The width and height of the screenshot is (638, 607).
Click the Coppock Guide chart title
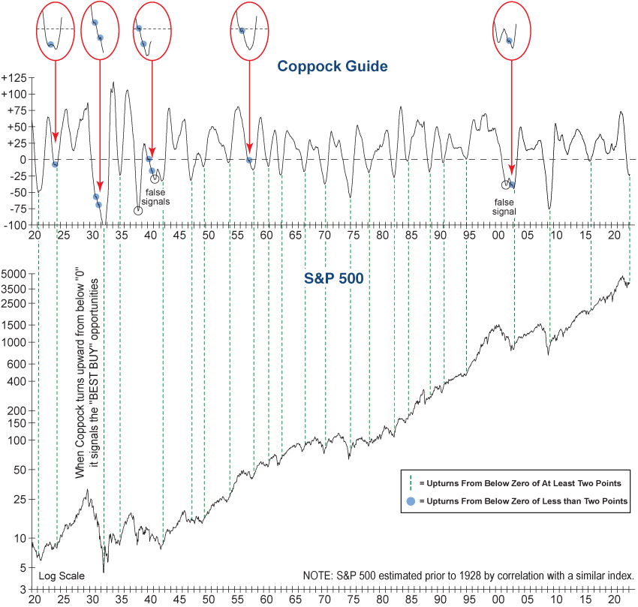tap(332, 66)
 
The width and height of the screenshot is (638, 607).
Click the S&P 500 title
tap(333, 278)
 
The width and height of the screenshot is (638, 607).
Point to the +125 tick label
tap(14, 78)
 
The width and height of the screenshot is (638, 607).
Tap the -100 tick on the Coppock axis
tap(16, 225)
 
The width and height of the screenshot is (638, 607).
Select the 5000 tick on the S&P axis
tap(15, 274)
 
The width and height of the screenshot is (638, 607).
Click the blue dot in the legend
tap(410, 500)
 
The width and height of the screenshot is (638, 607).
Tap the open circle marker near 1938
tap(138, 211)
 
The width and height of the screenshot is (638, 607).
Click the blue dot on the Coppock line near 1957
tap(248, 160)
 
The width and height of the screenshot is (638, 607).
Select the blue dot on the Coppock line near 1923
tap(56, 164)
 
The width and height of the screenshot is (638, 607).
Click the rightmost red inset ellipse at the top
tap(511, 31)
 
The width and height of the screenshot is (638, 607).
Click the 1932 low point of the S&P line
tap(103, 572)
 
